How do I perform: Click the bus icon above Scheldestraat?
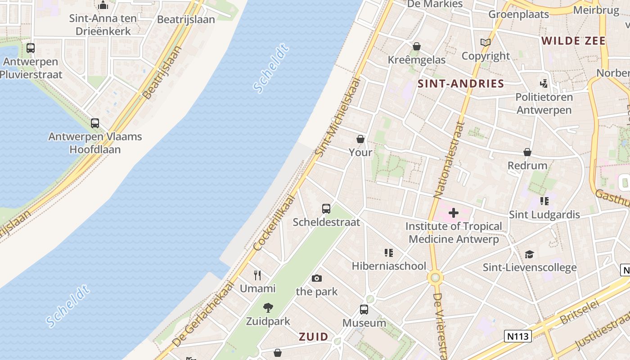tap(326, 209)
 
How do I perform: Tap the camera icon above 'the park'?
tap(317, 278)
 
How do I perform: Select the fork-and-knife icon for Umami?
tap(257, 275)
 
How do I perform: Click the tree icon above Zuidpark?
tap(268, 308)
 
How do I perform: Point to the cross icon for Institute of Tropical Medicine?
tap(454, 213)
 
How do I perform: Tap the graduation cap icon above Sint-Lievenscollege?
tap(529, 254)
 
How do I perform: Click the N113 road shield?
tap(518, 336)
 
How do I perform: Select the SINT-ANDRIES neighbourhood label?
tap(461, 83)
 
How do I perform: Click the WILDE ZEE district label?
tap(573, 41)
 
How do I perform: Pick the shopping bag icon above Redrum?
tap(527, 152)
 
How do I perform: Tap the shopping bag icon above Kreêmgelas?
tap(417, 46)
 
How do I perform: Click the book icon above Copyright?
tap(486, 43)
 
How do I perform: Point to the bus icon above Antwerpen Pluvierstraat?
tap(31, 48)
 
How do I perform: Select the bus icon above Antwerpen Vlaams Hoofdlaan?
tap(95, 123)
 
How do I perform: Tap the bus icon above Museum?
tap(364, 310)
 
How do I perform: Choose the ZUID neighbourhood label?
tap(314, 337)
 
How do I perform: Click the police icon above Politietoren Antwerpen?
tap(544, 83)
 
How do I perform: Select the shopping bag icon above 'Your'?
tap(360, 139)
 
